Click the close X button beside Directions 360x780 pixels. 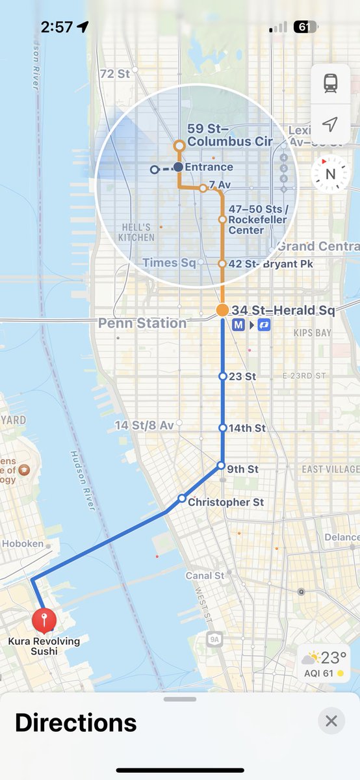(x=331, y=721)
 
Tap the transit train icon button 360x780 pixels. (x=331, y=83)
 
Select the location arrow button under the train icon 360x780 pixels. (x=331, y=123)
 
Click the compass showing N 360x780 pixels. (x=329, y=174)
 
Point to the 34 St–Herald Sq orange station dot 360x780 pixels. (x=222, y=310)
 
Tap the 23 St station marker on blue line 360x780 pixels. (x=222, y=376)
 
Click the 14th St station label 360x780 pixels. (x=248, y=428)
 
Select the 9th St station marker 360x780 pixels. (x=221, y=466)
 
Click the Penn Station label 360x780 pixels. (x=142, y=323)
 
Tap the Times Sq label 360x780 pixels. (x=169, y=263)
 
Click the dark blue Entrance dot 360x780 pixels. (x=179, y=167)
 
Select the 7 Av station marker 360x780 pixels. (x=203, y=188)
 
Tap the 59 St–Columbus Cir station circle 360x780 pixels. (x=179, y=146)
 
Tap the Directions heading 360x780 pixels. (x=75, y=722)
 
